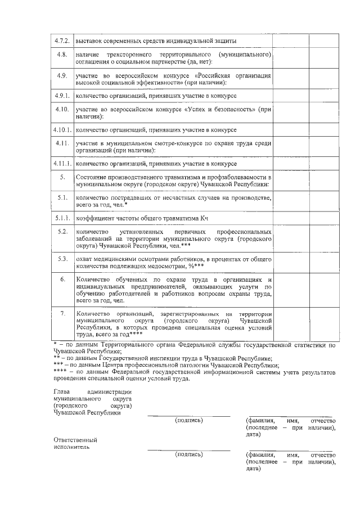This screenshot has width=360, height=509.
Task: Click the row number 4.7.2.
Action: click(x=61, y=41)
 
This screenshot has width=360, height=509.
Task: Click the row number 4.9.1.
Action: click(x=61, y=95)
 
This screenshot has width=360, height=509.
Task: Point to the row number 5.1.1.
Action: click(x=61, y=218)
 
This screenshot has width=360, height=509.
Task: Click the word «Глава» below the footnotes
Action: click(x=62, y=391)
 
